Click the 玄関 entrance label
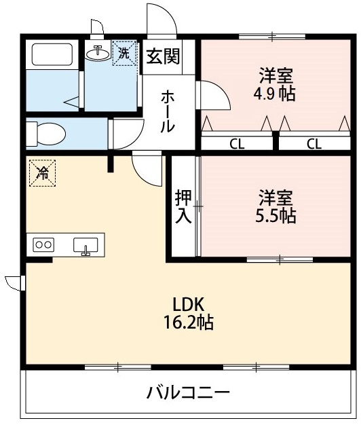click(163, 56)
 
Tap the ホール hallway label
click(167, 112)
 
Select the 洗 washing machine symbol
click(124, 53)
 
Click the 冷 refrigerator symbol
click(43, 173)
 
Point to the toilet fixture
click(46, 134)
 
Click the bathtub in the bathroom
click(52, 54)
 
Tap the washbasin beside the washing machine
click(98, 52)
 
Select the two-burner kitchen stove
click(43, 244)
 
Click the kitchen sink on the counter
click(85, 246)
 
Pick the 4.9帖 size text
click(274, 94)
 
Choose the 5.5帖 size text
click(275, 216)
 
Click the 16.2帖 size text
click(189, 322)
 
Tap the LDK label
click(188, 305)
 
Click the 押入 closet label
click(183, 206)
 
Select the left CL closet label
click(237, 144)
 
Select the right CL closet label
click(314, 144)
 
